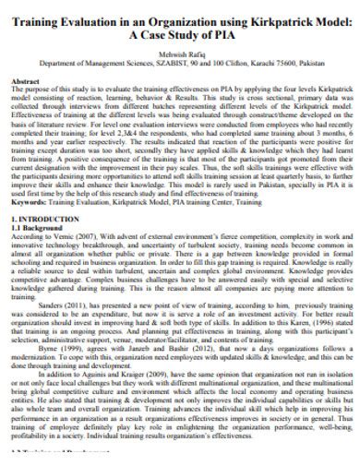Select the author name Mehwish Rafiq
181,54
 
